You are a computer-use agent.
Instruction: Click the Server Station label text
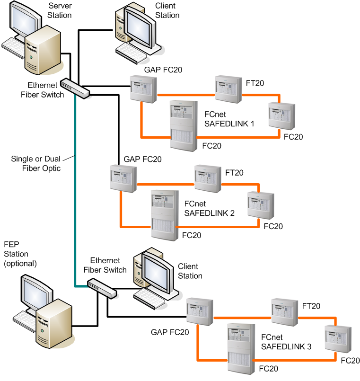(x=60, y=10)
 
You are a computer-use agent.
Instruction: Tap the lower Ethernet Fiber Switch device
(x=102, y=288)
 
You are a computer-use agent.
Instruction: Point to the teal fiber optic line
(x=75, y=189)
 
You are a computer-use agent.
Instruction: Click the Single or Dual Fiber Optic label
(x=36, y=163)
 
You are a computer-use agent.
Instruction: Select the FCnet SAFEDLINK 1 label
(x=229, y=119)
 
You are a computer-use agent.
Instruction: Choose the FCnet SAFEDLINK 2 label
(x=209, y=208)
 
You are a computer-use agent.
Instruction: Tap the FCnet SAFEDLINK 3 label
(x=286, y=342)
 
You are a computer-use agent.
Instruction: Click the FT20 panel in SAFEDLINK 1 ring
(x=228, y=89)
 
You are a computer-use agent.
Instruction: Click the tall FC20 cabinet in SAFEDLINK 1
(x=183, y=126)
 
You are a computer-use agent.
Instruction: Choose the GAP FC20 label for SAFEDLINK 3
(x=170, y=332)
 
